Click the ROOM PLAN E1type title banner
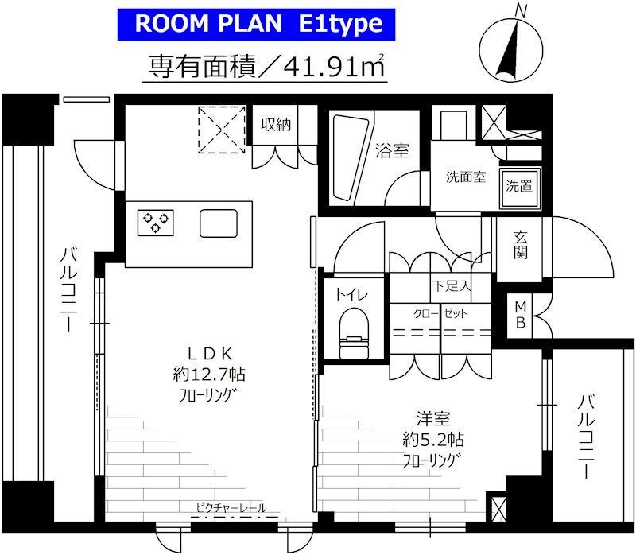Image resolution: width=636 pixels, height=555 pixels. [x=256, y=25]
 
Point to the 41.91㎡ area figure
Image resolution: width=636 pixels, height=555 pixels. [x=333, y=66]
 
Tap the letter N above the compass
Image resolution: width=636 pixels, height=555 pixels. [x=521, y=10]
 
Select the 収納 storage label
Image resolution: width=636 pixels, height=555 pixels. [x=276, y=125]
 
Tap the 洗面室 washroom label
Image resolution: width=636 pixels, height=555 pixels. [x=466, y=177]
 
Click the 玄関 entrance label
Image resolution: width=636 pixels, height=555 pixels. [x=520, y=245]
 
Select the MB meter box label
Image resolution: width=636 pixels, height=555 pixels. [x=521, y=315]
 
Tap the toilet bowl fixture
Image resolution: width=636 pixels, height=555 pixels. [x=354, y=333]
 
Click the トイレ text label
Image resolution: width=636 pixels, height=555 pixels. [x=351, y=295]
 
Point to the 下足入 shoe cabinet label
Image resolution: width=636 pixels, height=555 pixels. [x=451, y=285]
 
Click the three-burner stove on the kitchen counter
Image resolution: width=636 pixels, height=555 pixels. [x=156, y=223]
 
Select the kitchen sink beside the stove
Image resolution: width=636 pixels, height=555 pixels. [x=219, y=223]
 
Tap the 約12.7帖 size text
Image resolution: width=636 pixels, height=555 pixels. [x=209, y=374]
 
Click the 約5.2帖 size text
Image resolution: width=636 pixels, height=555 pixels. [x=433, y=440]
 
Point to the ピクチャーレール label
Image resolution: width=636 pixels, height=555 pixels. [x=231, y=507]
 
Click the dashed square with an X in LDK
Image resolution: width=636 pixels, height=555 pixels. [x=222, y=130]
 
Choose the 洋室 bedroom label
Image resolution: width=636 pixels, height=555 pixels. [x=433, y=419]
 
